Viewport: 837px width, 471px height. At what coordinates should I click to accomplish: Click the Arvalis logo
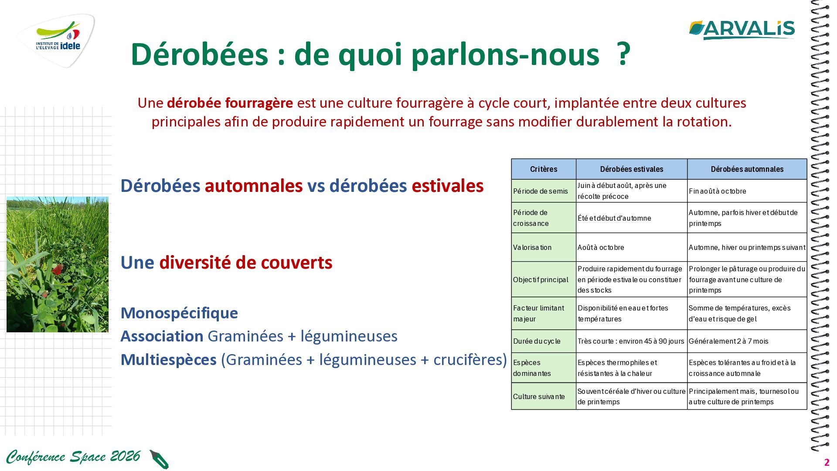(742, 30)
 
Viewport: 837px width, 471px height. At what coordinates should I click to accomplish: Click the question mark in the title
(624, 54)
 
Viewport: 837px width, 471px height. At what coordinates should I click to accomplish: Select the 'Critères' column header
(544, 169)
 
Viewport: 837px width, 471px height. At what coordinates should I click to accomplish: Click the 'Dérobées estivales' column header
(632, 169)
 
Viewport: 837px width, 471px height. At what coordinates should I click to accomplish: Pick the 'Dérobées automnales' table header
(747, 169)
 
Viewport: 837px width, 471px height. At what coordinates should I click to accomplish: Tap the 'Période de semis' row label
(541, 191)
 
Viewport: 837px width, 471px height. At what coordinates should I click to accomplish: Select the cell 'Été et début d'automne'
(614, 218)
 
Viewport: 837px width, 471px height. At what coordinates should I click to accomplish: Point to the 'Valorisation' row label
(532, 247)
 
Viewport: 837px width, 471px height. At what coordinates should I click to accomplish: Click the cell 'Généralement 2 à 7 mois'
(728, 341)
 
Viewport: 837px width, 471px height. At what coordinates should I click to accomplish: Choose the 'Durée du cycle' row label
(537, 341)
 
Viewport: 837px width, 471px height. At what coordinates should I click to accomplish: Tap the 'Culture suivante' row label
(539, 396)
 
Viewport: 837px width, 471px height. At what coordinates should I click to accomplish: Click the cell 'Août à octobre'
(601, 247)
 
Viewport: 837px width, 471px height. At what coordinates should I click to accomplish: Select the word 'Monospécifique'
(179, 313)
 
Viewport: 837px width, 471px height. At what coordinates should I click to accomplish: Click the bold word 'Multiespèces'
(168, 360)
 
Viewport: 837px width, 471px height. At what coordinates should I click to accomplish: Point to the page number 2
(827, 463)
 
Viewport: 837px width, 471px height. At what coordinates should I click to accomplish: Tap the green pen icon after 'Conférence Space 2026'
(159, 459)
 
